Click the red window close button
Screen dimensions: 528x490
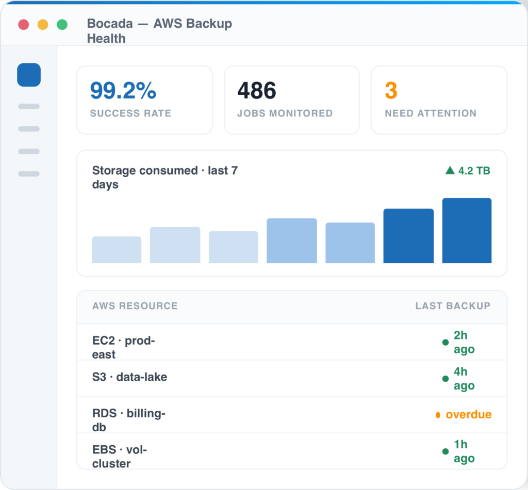pos(24,25)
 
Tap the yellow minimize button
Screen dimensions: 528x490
pos(43,25)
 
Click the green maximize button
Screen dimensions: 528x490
pos(62,25)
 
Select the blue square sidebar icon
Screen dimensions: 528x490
pos(29,75)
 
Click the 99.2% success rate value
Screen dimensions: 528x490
pos(123,91)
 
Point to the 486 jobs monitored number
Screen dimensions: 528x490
pos(257,91)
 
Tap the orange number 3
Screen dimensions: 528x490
pos(391,91)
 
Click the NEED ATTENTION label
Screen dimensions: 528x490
pos(431,113)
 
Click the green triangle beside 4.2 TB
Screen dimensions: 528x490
pos(450,170)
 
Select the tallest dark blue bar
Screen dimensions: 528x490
pos(467,230)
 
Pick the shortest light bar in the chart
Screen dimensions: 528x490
pos(117,250)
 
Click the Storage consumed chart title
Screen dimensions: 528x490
pos(165,177)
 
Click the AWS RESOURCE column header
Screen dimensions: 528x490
pos(135,306)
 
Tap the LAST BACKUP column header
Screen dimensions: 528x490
pos(453,306)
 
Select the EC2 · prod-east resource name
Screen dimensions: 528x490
pos(124,348)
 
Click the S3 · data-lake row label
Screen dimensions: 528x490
pos(129,377)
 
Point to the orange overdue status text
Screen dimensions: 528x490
pos(468,415)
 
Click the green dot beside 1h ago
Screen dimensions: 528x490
pos(445,451)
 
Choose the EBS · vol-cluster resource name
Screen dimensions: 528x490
pos(120,457)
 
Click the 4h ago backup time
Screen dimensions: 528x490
pos(464,379)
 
